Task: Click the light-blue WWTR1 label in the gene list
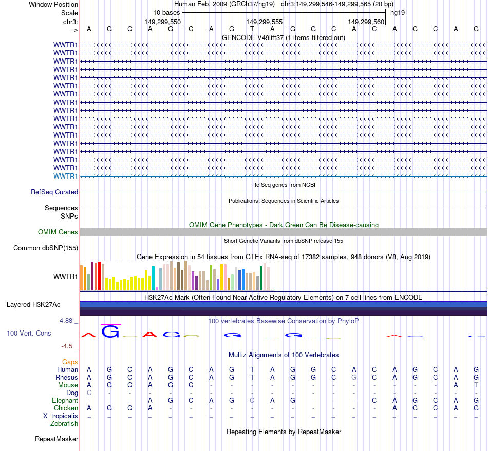tap(66, 176)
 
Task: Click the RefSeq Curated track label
tap(54, 192)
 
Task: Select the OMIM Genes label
tap(58, 232)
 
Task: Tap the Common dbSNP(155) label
tap(45, 248)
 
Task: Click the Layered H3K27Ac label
tap(33, 304)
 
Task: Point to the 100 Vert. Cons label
tap(29, 333)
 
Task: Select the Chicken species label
tap(66, 408)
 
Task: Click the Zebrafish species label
tap(64, 423)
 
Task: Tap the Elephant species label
tap(65, 400)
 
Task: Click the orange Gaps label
tap(70, 362)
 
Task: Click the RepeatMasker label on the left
tap(57, 439)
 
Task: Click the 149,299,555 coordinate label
tap(265, 22)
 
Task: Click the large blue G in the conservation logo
tap(110, 331)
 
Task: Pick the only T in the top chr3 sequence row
tap(252, 29)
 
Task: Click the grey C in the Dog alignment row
tap(89, 393)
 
